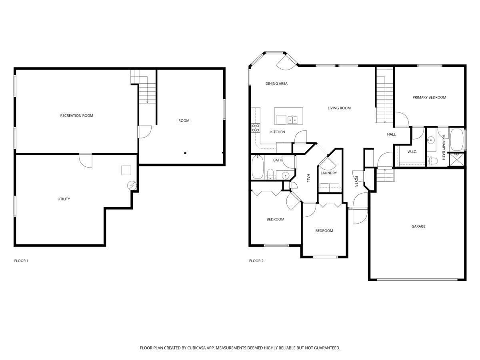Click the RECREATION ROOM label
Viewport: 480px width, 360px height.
pos(76,116)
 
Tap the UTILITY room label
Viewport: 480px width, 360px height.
pos(64,199)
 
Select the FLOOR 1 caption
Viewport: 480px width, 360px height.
pos(21,261)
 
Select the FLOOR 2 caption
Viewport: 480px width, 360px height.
pos(256,261)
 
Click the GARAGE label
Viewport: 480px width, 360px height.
pos(418,226)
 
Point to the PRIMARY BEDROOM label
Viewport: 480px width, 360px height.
pos(429,97)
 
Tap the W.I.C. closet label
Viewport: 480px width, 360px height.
pos(412,152)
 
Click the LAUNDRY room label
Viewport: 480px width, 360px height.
pos(328,173)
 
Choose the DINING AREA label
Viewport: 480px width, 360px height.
pos(276,84)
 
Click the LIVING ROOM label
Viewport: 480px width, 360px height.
pos(339,108)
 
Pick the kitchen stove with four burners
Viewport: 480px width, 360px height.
pos(255,128)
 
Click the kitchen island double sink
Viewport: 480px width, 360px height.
pos(292,119)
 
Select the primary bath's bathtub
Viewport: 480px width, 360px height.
pos(457,140)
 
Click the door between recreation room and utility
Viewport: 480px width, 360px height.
pos(85,160)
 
